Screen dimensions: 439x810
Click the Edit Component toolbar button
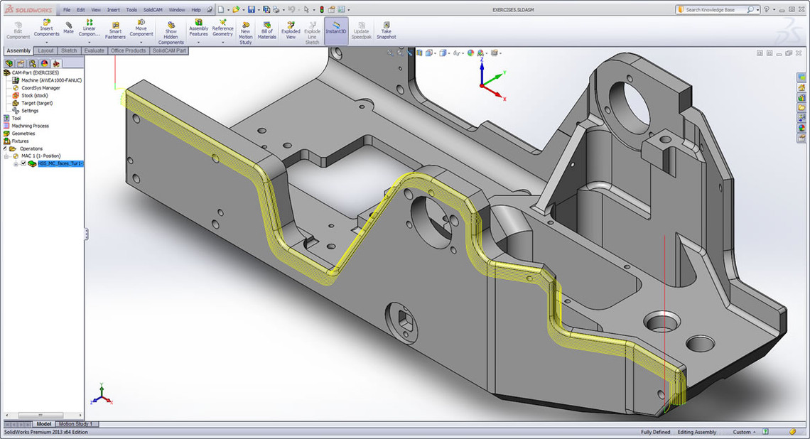point(18,28)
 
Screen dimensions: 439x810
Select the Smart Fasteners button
point(115,28)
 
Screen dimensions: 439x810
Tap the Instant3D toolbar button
point(335,28)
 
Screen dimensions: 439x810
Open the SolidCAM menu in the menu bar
point(153,10)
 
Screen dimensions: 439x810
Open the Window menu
point(177,10)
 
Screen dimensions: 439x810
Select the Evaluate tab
point(94,50)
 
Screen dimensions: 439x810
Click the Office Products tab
point(128,50)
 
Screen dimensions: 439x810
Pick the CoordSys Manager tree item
point(40,88)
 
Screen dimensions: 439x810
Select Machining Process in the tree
point(30,126)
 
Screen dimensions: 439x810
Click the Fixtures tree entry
point(20,141)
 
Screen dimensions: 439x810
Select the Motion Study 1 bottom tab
point(75,424)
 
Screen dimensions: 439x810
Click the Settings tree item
point(30,111)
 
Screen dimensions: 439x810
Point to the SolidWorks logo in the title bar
point(28,10)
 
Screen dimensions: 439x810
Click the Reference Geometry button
point(222,28)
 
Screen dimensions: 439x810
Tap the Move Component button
point(141,28)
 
